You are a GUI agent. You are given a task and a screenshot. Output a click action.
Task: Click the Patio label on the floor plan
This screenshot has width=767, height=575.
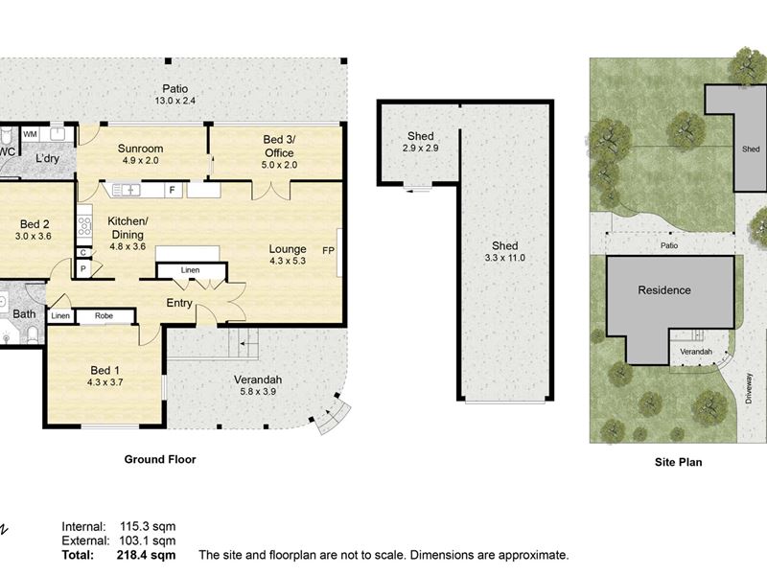(175, 89)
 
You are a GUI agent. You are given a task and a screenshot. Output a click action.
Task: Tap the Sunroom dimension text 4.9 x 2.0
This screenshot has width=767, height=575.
(140, 160)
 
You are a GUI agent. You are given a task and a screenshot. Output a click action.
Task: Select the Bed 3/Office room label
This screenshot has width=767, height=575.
(279, 147)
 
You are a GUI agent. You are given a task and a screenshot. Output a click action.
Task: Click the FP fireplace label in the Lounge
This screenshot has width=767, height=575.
(328, 250)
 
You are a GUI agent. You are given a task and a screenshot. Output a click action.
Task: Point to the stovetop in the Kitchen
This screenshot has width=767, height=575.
(84, 226)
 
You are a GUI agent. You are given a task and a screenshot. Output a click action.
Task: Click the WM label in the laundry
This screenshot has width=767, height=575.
(30, 134)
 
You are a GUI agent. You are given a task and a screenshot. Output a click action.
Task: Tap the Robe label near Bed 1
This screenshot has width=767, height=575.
(104, 316)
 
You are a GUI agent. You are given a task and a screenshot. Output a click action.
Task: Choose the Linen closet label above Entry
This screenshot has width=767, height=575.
(190, 270)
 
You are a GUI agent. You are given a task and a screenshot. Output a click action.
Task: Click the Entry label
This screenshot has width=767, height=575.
(179, 303)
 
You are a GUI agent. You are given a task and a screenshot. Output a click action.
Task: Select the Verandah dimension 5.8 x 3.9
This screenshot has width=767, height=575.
(258, 391)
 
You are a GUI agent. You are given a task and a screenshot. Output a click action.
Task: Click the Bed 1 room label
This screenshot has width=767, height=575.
(105, 370)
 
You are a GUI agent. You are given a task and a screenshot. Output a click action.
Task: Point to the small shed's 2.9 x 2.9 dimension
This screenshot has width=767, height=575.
(420, 148)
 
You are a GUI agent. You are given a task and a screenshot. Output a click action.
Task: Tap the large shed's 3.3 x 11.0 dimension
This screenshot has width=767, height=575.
(505, 258)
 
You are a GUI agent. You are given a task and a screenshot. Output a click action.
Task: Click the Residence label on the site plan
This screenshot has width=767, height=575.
(664, 290)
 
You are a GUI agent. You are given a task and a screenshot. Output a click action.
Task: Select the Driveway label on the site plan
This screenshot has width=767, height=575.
(749, 388)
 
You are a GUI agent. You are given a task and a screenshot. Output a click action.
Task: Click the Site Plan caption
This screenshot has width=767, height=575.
(679, 462)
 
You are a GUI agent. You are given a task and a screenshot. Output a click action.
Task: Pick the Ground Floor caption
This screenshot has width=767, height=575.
(160, 459)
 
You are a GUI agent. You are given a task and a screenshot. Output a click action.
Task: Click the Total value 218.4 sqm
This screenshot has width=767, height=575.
(146, 555)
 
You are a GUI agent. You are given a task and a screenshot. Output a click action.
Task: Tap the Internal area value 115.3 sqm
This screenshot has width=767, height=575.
(148, 526)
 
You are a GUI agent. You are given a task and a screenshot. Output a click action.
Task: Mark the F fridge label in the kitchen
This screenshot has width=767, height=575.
(173, 190)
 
